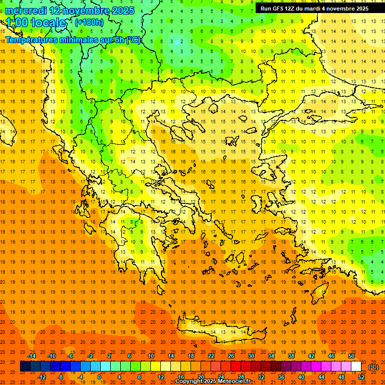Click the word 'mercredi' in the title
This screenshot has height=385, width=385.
point(26,11)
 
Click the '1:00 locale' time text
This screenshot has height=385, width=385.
point(36,23)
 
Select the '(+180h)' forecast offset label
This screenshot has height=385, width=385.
point(89,23)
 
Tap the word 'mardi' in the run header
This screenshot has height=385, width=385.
point(318,9)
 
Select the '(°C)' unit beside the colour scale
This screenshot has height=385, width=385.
point(373,367)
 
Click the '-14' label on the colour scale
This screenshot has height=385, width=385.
point(32,356)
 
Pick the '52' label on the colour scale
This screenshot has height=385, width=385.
point(361,377)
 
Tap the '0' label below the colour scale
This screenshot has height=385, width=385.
point(99,377)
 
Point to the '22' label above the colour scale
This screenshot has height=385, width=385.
point(211,356)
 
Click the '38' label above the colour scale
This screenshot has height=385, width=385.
point(291,356)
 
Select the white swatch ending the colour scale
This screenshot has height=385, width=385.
point(356,366)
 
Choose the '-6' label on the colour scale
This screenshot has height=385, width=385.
point(71,356)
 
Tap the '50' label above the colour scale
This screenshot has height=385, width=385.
point(351,356)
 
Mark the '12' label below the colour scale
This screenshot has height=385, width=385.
point(161,377)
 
